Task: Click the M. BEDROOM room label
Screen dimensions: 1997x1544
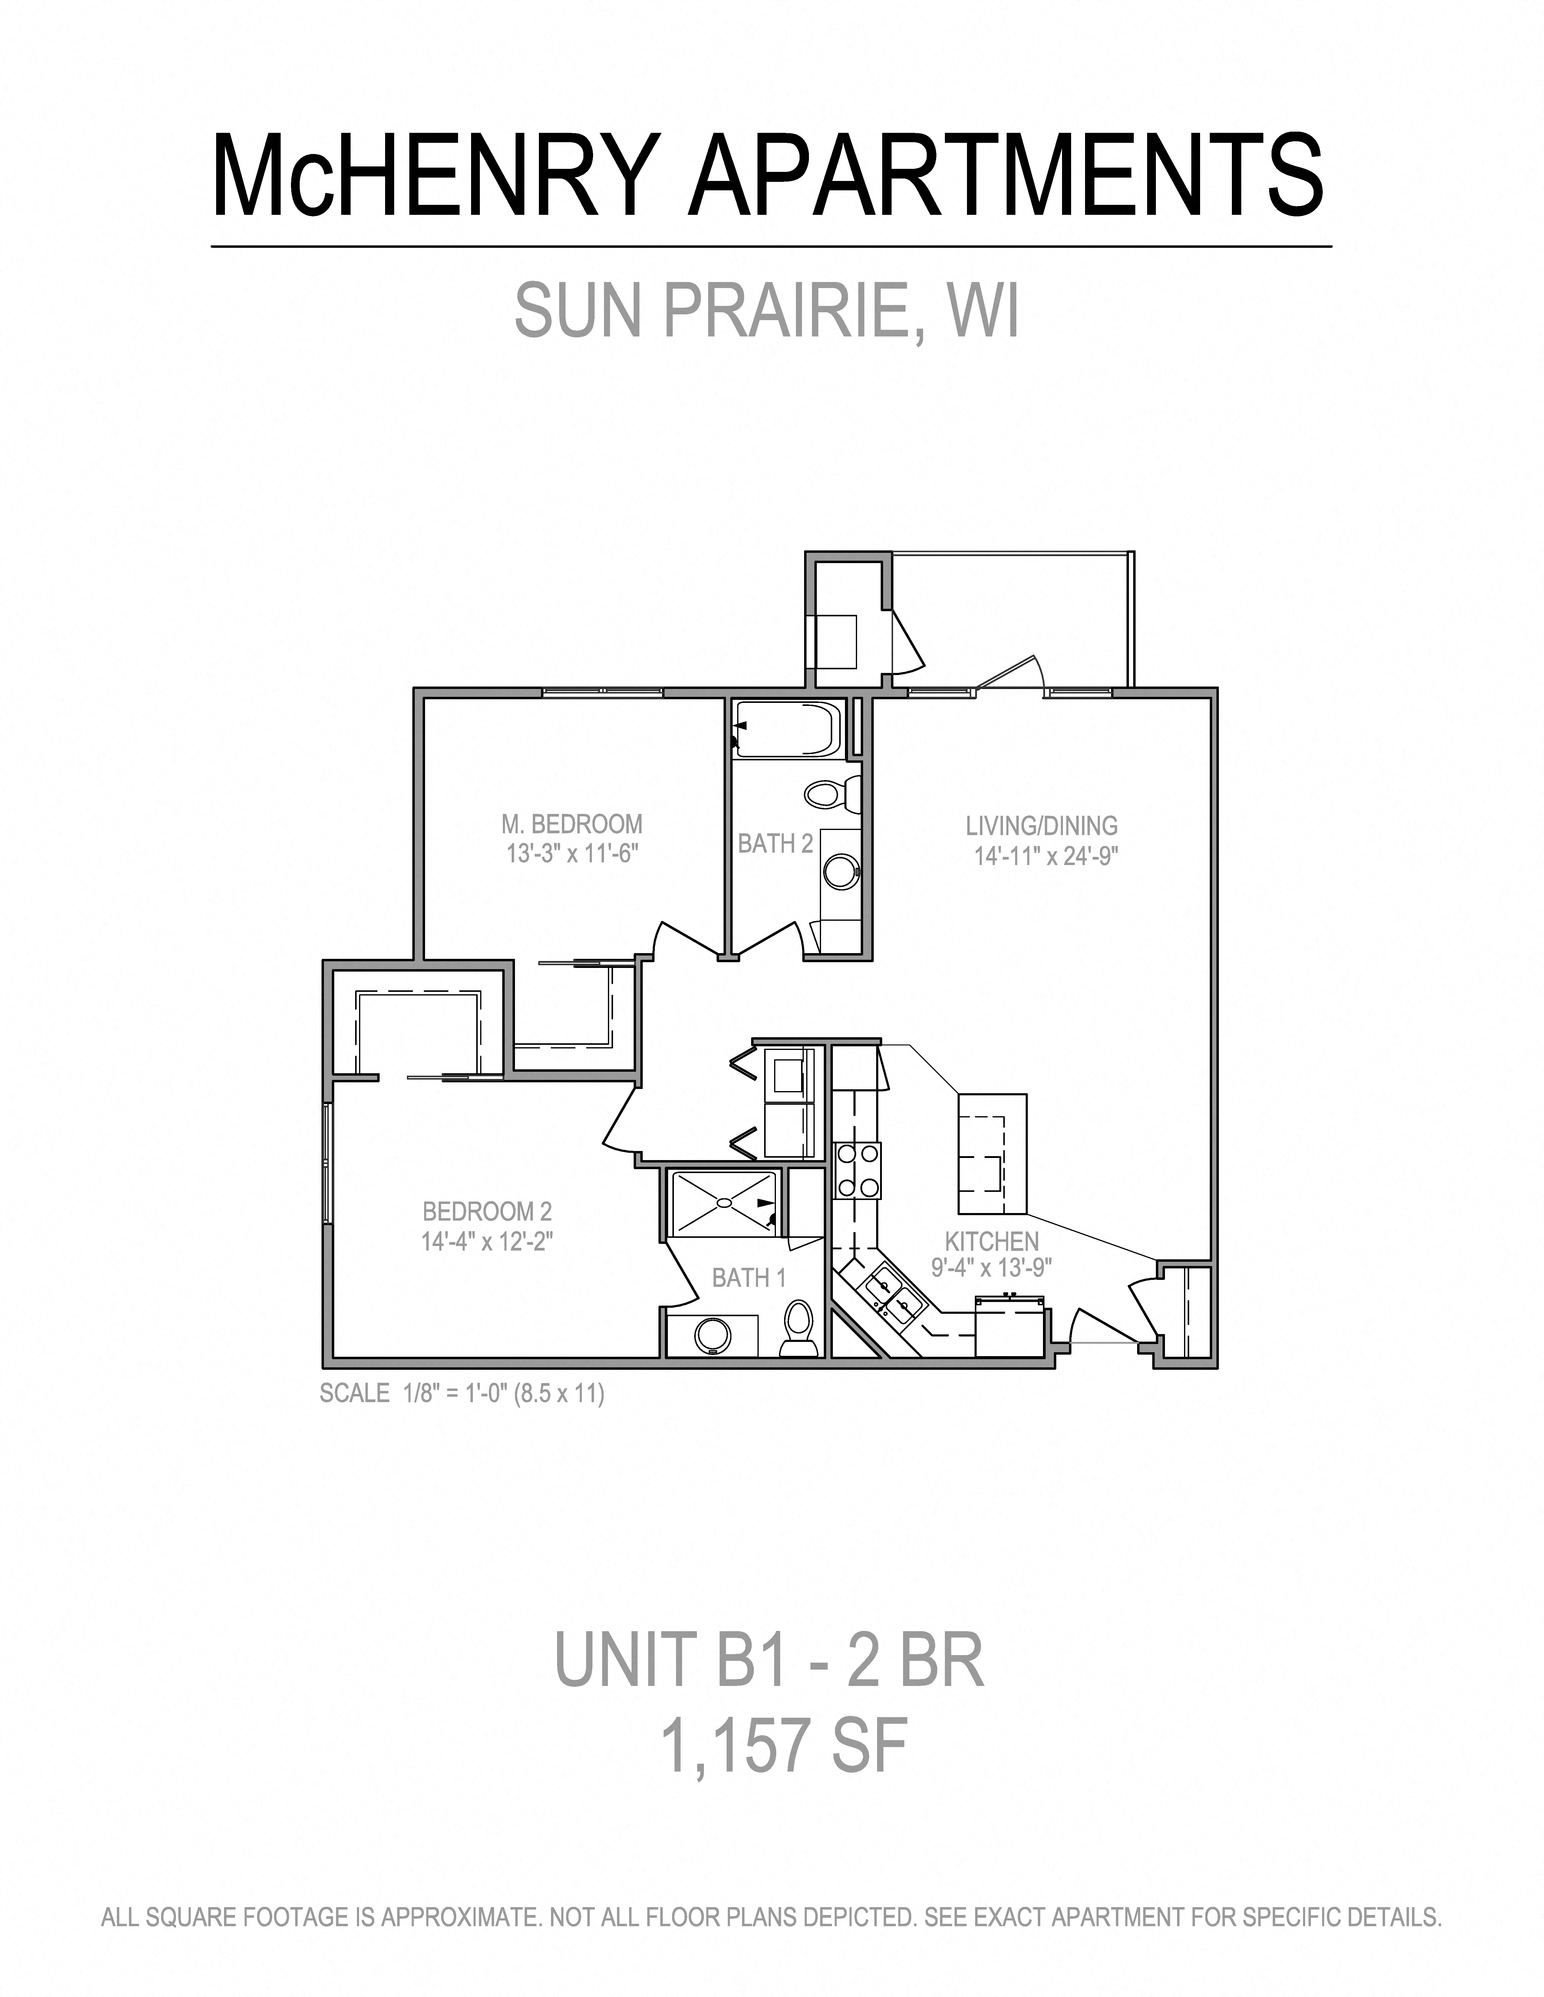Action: coord(572,824)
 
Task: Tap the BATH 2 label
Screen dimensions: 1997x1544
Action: coord(775,844)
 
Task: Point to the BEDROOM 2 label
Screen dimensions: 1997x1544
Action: coord(487,1212)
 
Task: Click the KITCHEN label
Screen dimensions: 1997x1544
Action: coord(991,1242)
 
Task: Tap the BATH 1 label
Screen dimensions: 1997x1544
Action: coord(748,1277)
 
